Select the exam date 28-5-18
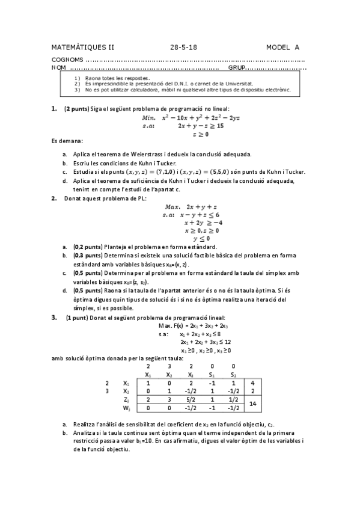point(183,47)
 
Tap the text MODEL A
point(282,47)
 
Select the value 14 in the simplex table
point(254,405)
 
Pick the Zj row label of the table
point(126,399)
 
